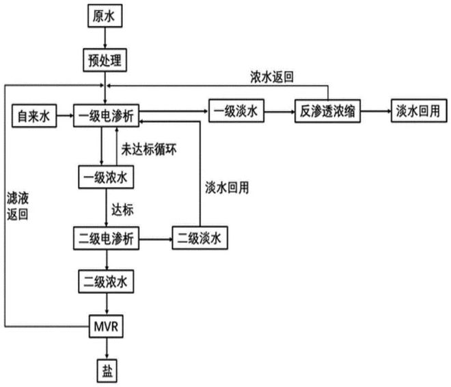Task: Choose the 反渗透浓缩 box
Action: click(x=327, y=111)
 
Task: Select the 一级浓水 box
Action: click(x=106, y=177)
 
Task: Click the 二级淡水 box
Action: click(x=199, y=239)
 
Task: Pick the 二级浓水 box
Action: click(x=106, y=281)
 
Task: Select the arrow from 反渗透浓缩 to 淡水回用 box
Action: click(x=377, y=111)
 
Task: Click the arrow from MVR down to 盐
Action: click(x=106, y=348)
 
